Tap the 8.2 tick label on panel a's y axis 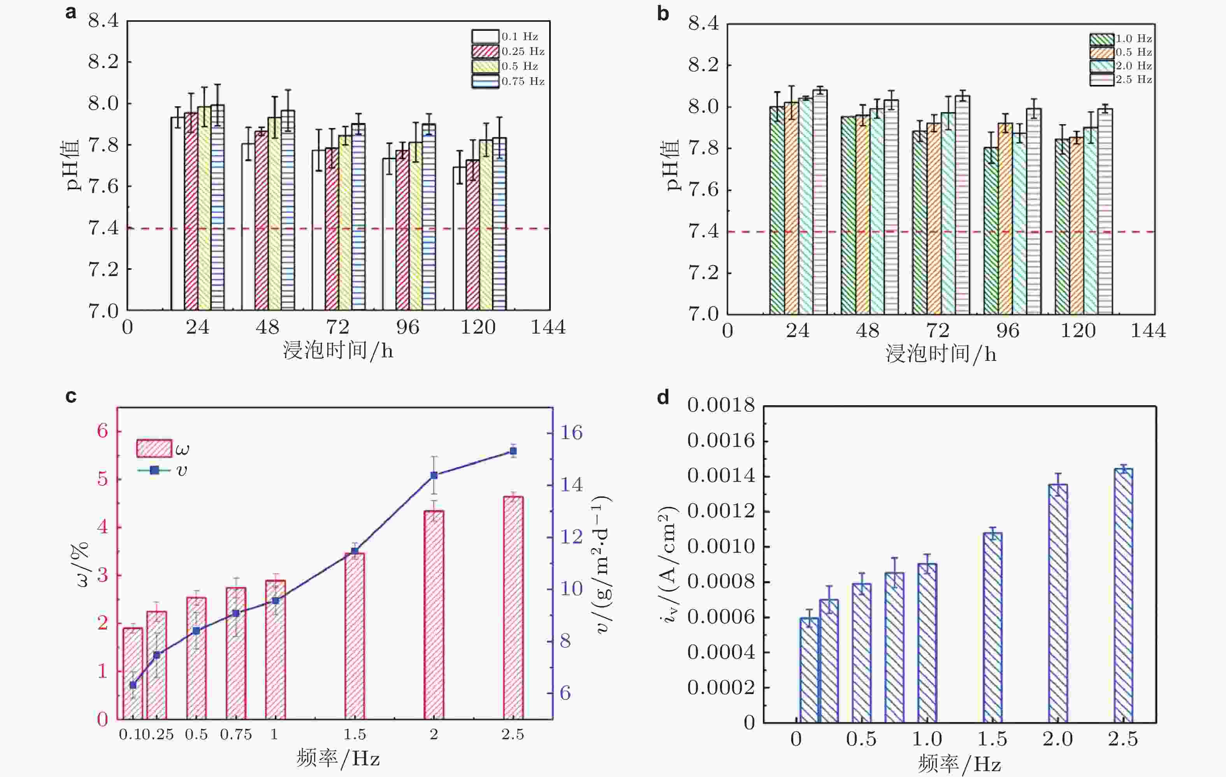click(x=104, y=62)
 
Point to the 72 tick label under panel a click(x=337, y=327)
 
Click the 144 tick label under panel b click(x=1148, y=331)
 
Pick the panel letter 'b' click(x=663, y=14)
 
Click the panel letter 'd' click(x=663, y=397)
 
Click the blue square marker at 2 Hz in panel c click(x=434, y=475)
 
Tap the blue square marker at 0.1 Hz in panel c click(x=133, y=685)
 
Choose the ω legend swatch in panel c click(x=154, y=448)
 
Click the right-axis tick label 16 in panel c click(x=571, y=433)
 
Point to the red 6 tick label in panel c click(x=102, y=431)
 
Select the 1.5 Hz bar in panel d click(x=992, y=627)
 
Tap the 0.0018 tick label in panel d click(x=721, y=406)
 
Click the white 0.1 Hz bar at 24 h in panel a click(x=177, y=214)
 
